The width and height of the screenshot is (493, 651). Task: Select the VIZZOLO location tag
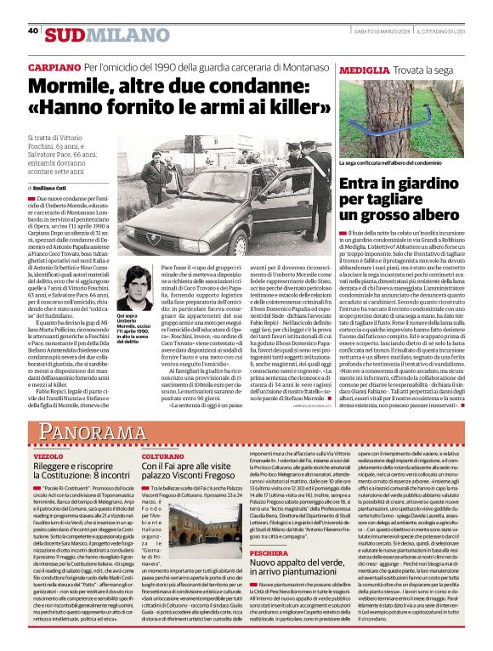click(x=48, y=456)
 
